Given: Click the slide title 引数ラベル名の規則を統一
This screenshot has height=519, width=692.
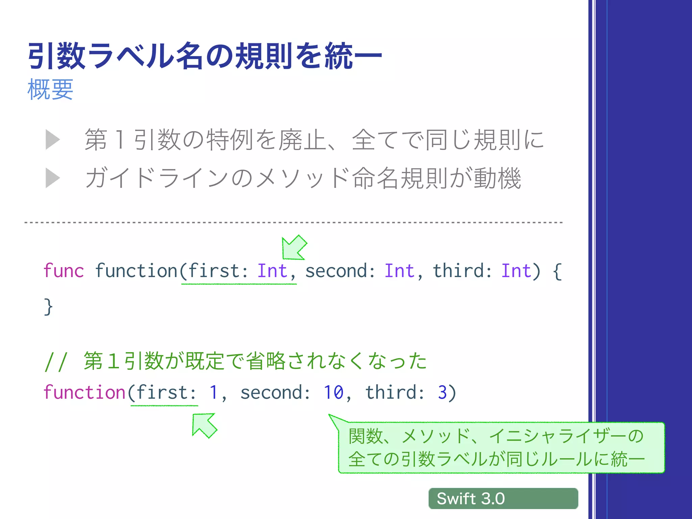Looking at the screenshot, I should pos(204,56).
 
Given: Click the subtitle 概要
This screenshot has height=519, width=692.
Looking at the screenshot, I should pos(50,90).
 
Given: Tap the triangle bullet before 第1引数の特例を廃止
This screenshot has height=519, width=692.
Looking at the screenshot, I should pos(52,140).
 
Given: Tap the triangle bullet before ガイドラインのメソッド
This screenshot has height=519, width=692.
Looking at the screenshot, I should pos(52,178).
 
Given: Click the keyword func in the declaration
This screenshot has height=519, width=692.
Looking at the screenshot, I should pos(64,271).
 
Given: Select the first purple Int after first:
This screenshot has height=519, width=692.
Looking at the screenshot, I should pos(272,271).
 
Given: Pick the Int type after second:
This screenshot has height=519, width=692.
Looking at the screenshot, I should pos(399,271).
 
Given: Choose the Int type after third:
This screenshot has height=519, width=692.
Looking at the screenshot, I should pos(516,271).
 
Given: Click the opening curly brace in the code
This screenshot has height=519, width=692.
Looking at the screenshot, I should pos(558,271).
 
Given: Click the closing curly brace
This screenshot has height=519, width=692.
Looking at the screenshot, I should pos(48,307).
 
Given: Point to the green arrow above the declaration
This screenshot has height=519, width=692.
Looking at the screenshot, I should pos(293,248).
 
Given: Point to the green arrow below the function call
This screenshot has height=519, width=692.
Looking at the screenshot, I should pos(204,425).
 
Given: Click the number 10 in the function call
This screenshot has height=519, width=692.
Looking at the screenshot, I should pos(333,393).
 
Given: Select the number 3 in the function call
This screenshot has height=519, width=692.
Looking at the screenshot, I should pos(442,393).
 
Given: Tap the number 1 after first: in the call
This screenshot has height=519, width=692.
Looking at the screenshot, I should pos(213,393).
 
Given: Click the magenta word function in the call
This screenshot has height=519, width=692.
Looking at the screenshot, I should pos(84,393).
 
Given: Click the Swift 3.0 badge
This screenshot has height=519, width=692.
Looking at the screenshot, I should pos(503,498).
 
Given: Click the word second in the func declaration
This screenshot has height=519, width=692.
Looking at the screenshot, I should pos(337,271).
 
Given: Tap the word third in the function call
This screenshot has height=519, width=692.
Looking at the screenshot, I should pos(391,393).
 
